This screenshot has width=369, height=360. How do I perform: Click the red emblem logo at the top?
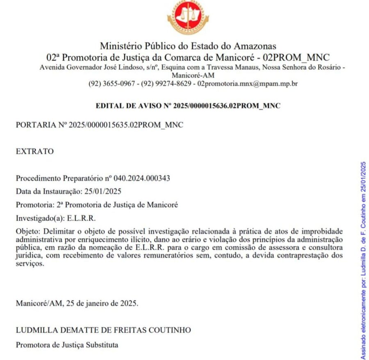click(188, 18)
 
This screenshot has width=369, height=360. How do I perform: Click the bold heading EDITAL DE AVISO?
click(188, 106)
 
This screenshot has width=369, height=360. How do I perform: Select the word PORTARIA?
click(33, 125)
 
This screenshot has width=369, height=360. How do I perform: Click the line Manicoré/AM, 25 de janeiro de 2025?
click(77, 304)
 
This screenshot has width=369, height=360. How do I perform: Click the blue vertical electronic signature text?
click(363, 260)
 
